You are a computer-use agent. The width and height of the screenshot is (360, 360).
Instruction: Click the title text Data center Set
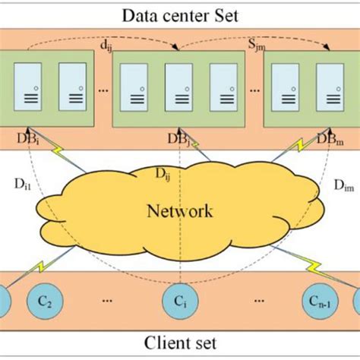180,15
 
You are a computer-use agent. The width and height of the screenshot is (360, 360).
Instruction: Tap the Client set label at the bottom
180,343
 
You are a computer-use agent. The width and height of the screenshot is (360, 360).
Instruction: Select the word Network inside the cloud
180,210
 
